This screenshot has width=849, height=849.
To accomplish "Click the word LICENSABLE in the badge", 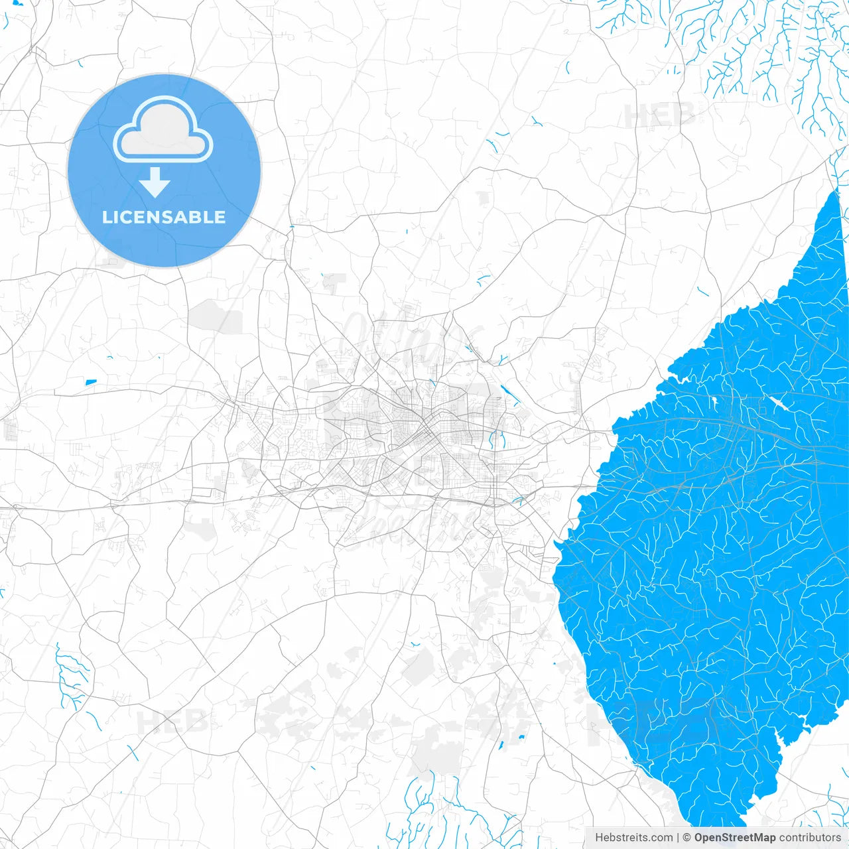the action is (164, 217).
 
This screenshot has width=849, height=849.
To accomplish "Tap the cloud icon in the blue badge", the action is (163, 129).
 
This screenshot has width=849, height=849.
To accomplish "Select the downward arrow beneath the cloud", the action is (155, 182).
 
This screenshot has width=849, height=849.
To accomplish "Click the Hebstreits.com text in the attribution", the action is (633, 838).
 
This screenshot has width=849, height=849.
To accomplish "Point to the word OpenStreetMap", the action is (735, 838).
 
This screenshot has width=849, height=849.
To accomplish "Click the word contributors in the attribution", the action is (810, 838).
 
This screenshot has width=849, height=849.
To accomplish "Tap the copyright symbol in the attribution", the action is (687, 838).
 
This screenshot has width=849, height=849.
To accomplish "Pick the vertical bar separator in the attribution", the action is (678, 838).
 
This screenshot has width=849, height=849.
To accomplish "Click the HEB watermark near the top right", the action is (658, 116).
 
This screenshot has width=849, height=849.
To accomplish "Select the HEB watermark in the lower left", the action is (171, 722).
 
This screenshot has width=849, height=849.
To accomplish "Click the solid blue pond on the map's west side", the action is (90, 382).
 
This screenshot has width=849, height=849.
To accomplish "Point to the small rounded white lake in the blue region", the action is (715, 402).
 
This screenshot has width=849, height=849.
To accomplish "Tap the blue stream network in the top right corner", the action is (763, 53).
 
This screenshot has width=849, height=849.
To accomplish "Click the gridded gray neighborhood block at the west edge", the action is (11, 429).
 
